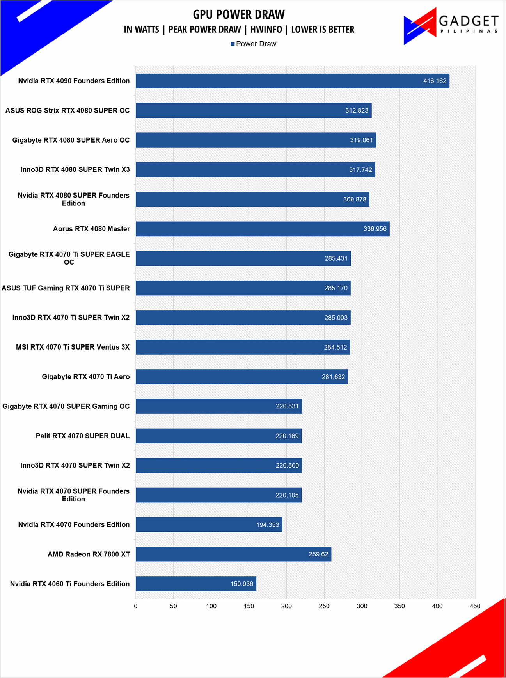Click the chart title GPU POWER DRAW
coord(239,14)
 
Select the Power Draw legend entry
coord(254,44)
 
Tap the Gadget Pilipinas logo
coord(451,26)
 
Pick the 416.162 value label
coord(435,81)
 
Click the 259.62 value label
coord(318,554)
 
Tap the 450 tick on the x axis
coord(475,606)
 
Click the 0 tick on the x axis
coord(136,606)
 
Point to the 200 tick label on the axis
coord(286,606)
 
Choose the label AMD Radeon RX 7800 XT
coord(89,554)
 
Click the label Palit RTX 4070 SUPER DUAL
coord(83,436)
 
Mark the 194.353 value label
coord(268,525)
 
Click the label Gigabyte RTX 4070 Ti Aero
coord(86,377)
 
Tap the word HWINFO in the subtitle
coord(266,30)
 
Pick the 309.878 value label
coord(355,199)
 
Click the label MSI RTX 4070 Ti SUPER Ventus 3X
coord(73,347)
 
